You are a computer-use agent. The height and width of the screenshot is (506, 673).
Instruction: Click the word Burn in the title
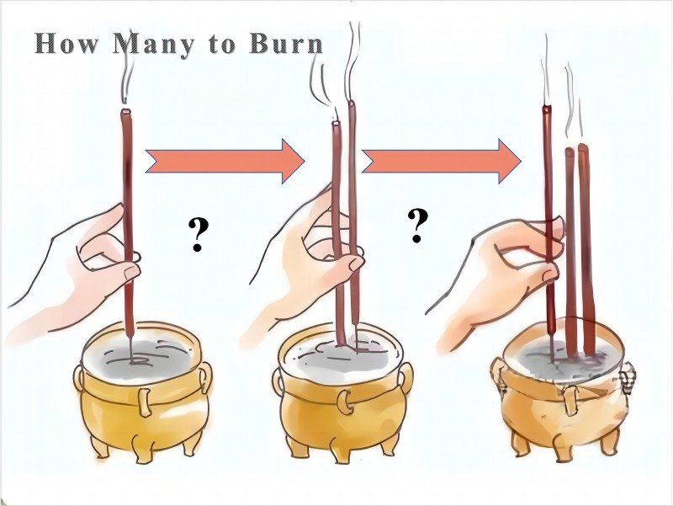(x=285, y=44)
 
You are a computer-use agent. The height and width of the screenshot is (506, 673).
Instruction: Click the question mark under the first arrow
(x=199, y=236)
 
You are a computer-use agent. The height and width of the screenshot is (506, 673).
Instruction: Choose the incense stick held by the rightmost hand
(x=548, y=210)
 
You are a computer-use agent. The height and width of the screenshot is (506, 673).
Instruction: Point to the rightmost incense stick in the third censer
(x=586, y=244)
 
